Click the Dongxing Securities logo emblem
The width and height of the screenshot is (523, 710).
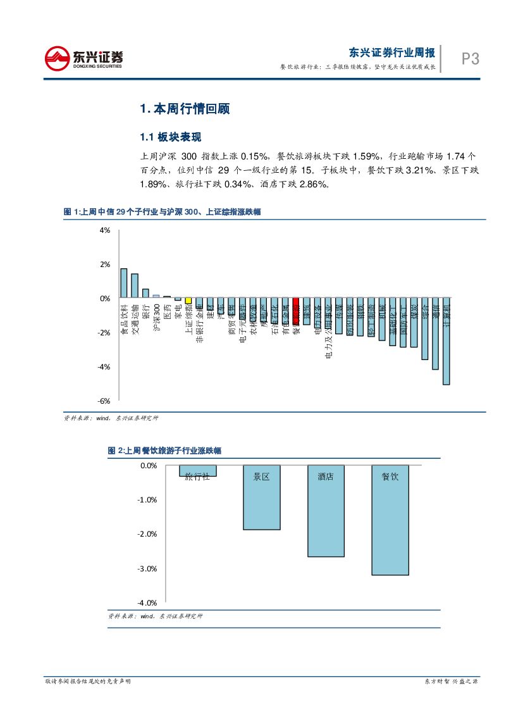57,59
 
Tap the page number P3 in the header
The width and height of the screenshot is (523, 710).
470,59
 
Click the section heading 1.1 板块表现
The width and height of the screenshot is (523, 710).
170,137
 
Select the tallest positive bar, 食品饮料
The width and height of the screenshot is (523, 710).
124,283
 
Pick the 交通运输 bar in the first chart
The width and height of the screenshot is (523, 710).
135,285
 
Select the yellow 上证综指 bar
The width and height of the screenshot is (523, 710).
188,301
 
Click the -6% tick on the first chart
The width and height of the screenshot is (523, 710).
104,401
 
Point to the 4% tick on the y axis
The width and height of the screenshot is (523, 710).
105,230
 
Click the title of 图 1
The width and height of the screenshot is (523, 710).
162,213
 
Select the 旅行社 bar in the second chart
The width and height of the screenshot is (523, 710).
197,471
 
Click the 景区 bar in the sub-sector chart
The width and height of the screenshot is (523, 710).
261,497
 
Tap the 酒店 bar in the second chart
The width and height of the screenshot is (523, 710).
326,511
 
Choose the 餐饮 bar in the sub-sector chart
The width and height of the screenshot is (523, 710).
390,520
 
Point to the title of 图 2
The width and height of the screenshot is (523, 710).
164,451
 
